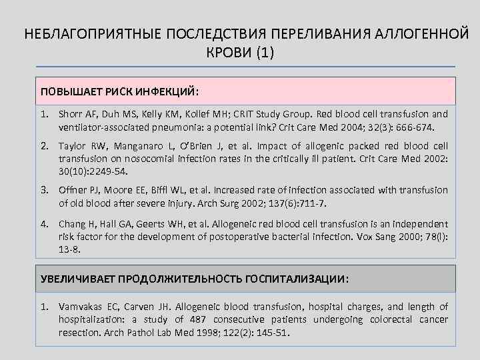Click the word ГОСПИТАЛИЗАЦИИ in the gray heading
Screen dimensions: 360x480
(294, 279)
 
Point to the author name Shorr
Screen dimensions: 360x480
(71, 114)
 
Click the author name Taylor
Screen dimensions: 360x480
(73, 146)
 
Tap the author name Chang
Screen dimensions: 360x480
(72, 224)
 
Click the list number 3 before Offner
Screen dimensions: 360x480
(45, 190)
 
